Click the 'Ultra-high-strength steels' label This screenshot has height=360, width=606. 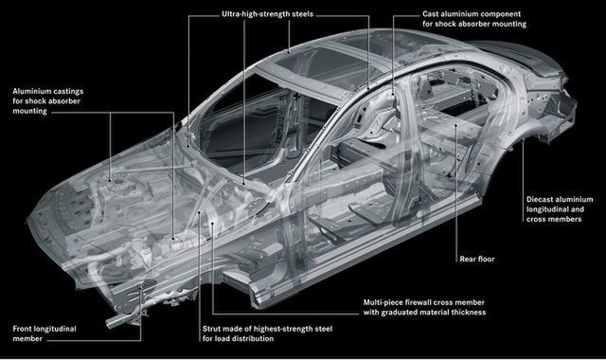(267, 14)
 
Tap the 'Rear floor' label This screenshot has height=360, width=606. (477, 259)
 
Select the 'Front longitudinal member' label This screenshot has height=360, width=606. (45, 333)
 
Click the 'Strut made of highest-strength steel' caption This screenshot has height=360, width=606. (267, 329)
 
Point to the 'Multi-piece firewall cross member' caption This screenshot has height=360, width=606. (423, 302)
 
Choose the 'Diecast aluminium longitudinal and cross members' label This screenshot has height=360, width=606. (560, 209)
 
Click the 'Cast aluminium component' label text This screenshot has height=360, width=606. (472, 14)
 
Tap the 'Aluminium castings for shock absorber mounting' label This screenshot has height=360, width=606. (48, 101)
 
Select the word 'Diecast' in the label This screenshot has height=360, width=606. (539, 200)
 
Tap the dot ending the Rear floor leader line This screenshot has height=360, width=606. (456, 125)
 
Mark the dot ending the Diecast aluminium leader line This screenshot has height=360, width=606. (524, 140)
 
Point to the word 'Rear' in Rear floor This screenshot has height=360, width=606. (468, 259)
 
